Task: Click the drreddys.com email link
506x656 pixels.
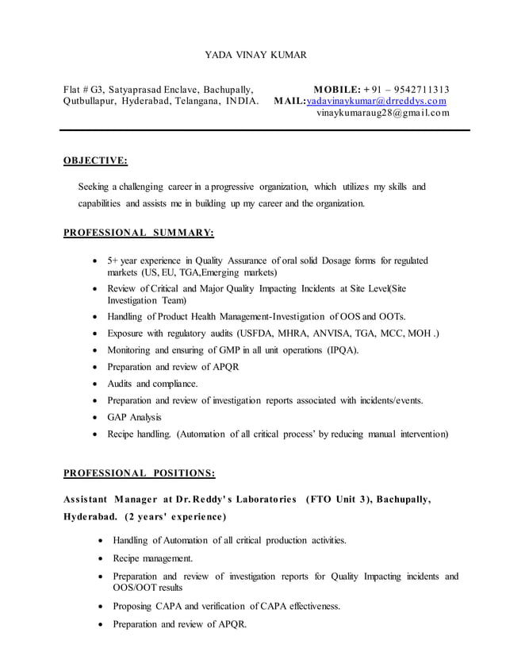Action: point(376,102)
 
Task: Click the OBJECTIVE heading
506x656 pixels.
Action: point(94,160)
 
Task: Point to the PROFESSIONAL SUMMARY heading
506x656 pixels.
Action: point(138,233)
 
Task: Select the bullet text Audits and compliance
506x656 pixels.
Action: point(152,384)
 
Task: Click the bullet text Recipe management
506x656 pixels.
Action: point(152,558)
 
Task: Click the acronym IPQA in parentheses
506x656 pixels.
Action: point(343,350)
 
